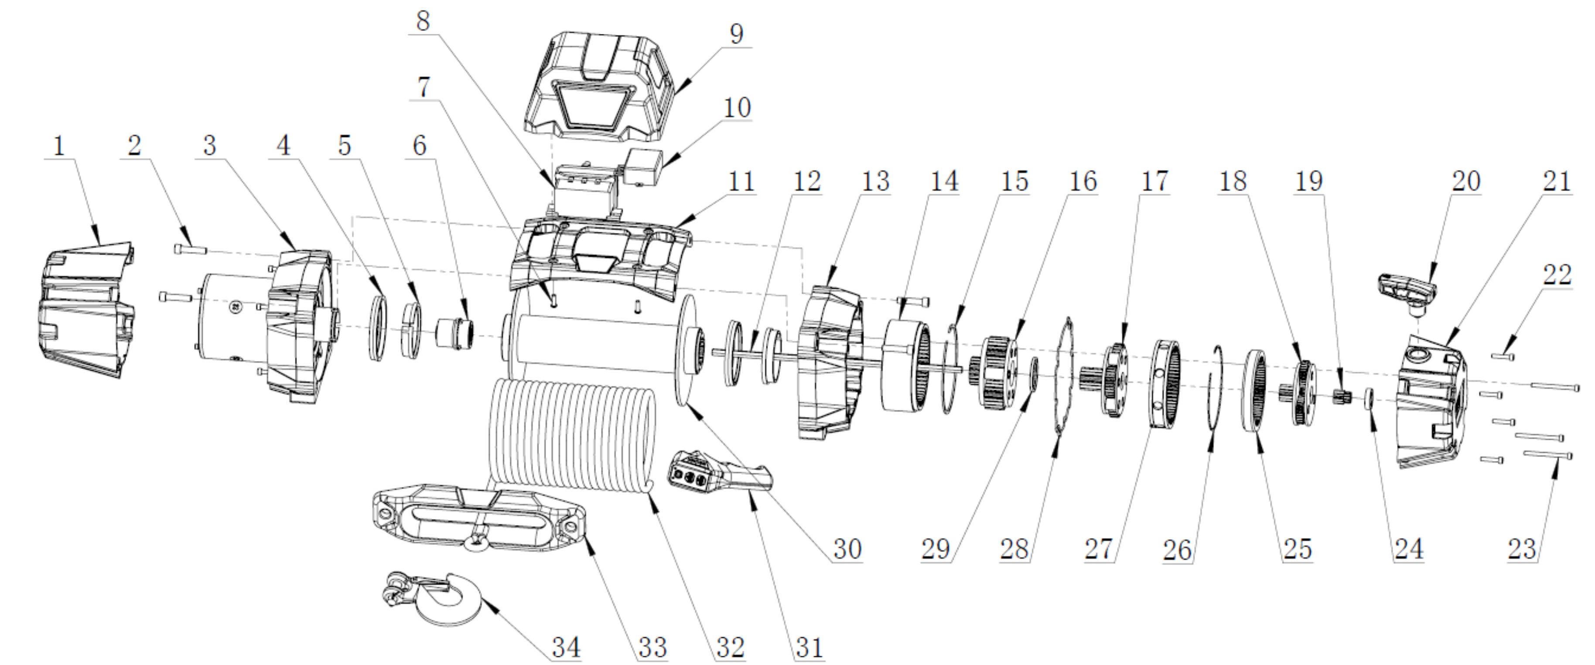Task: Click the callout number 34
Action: [566, 648]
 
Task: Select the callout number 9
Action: [736, 34]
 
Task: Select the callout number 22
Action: [1557, 274]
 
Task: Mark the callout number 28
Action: [1014, 549]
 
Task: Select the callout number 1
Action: [59, 146]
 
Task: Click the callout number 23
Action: [1522, 549]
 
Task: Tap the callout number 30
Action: [847, 549]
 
